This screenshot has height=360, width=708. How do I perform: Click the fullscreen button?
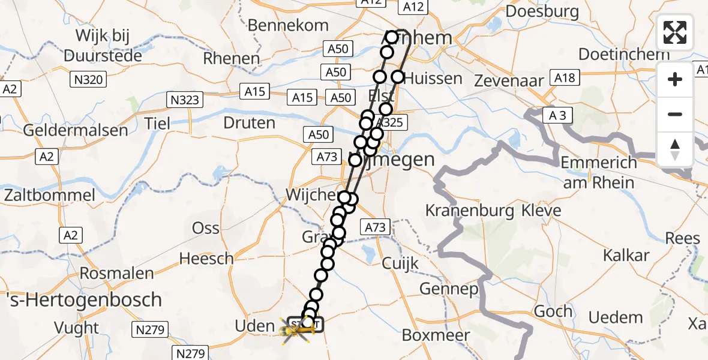tap(675, 32)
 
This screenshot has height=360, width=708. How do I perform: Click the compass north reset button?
tap(675, 149)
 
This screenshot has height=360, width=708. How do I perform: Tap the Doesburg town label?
tap(542, 11)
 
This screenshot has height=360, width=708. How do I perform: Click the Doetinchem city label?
tap(624, 54)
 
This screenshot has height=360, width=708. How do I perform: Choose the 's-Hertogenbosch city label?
tap(82, 299)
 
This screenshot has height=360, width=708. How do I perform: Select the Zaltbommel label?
tap(50, 196)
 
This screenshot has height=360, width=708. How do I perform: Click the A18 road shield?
tap(565, 77)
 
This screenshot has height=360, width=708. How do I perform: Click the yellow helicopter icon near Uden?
tap(297, 331)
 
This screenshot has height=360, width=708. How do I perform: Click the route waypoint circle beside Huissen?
tap(398, 77)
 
